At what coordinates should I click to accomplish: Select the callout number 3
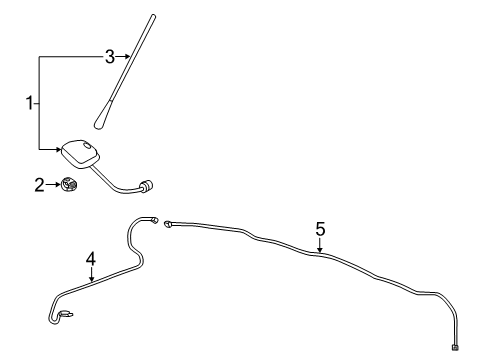(x=110, y=57)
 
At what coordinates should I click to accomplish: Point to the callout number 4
(x=91, y=259)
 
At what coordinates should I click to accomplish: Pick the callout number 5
(x=320, y=229)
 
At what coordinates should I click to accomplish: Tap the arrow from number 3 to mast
(x=124, y=58)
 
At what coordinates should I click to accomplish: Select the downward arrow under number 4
(x=91, y=276)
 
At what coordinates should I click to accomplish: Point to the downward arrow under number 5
(x=320, y=246)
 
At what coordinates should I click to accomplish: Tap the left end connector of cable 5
(x=169, y=224)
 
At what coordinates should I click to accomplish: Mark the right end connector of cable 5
(x=455, y=347)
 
